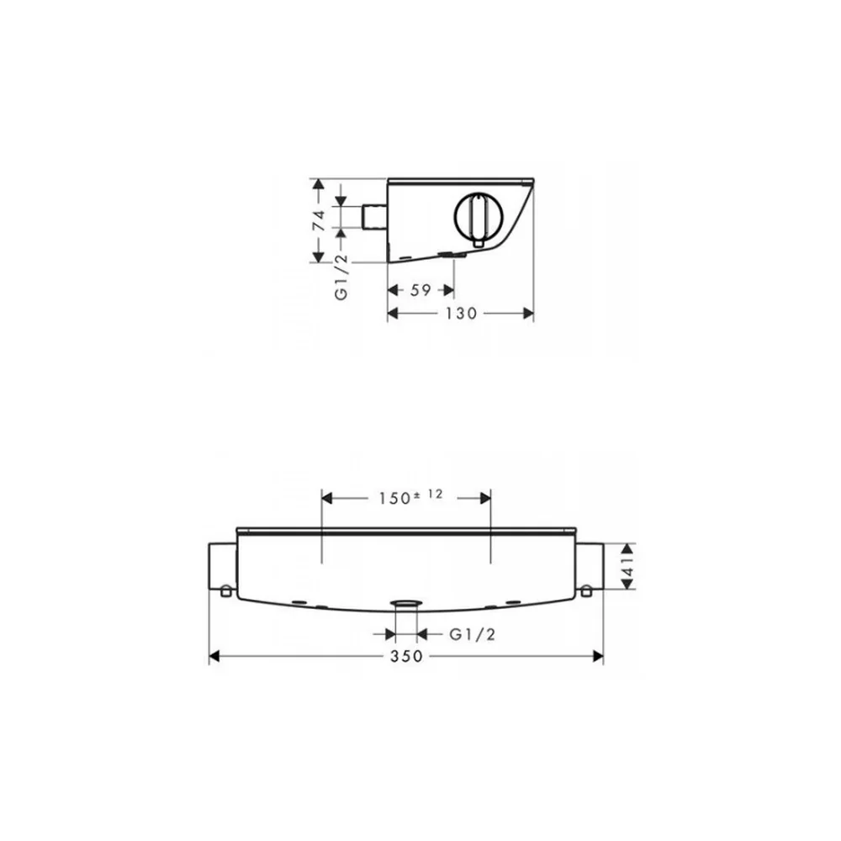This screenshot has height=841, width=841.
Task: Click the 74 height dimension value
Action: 319,220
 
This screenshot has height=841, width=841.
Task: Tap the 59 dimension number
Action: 420,290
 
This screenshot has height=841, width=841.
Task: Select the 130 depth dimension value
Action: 461,313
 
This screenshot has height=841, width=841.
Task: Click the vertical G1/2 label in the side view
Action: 341,278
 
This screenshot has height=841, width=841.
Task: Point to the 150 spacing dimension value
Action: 394,498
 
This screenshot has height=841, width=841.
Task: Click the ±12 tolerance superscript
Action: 429,495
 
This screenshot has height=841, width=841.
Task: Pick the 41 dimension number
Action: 627,566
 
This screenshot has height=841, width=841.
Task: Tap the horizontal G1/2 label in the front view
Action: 472,634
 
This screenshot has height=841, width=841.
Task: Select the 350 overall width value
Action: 406,657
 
